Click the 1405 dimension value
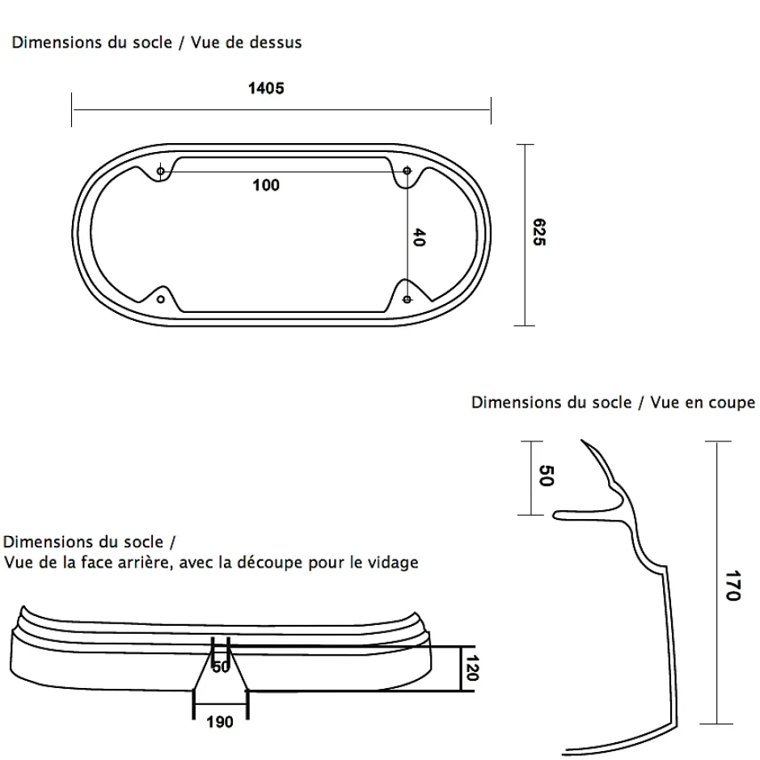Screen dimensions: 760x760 pyautogui.click(x=266, y=88)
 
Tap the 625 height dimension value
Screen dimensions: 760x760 pyautogui.click(x=539, y=232)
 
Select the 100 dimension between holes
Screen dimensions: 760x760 pyautogui.click(x=266, y=185)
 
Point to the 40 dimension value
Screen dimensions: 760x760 pyautogui.click(x=419, y=238)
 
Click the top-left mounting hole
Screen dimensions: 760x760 pyautogui.click(x=160, y=171)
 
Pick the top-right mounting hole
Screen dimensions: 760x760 pyautogui.click(x=407, y=171)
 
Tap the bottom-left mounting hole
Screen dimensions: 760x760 pyautogui.click(x=160, y=299)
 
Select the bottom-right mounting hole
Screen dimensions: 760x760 pyautogui.click(x=407, y=299)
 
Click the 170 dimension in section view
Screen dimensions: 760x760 pyautogui.click(x=733, y=585)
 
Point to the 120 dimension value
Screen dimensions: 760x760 pyautogui.click(x=471, y=668)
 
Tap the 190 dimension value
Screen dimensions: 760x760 pyautogui.click(x=220, y=722)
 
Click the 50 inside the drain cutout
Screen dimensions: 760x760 pyautogui.click(x=221, y=667)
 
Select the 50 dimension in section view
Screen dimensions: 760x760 pyautogui.click(x=547, y=475)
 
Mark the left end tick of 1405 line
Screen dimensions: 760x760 pyautogui.click(x=72, y=109)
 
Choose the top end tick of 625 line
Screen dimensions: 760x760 pyautogui.click(x=525, y=145)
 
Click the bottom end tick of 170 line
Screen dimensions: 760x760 pyautogui.click(x=716, y=724)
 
